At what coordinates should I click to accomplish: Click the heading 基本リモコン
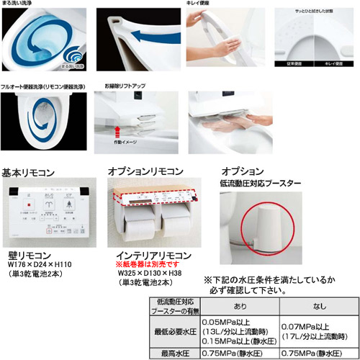coord(35,174)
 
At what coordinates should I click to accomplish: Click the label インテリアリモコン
coord(148,255)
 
